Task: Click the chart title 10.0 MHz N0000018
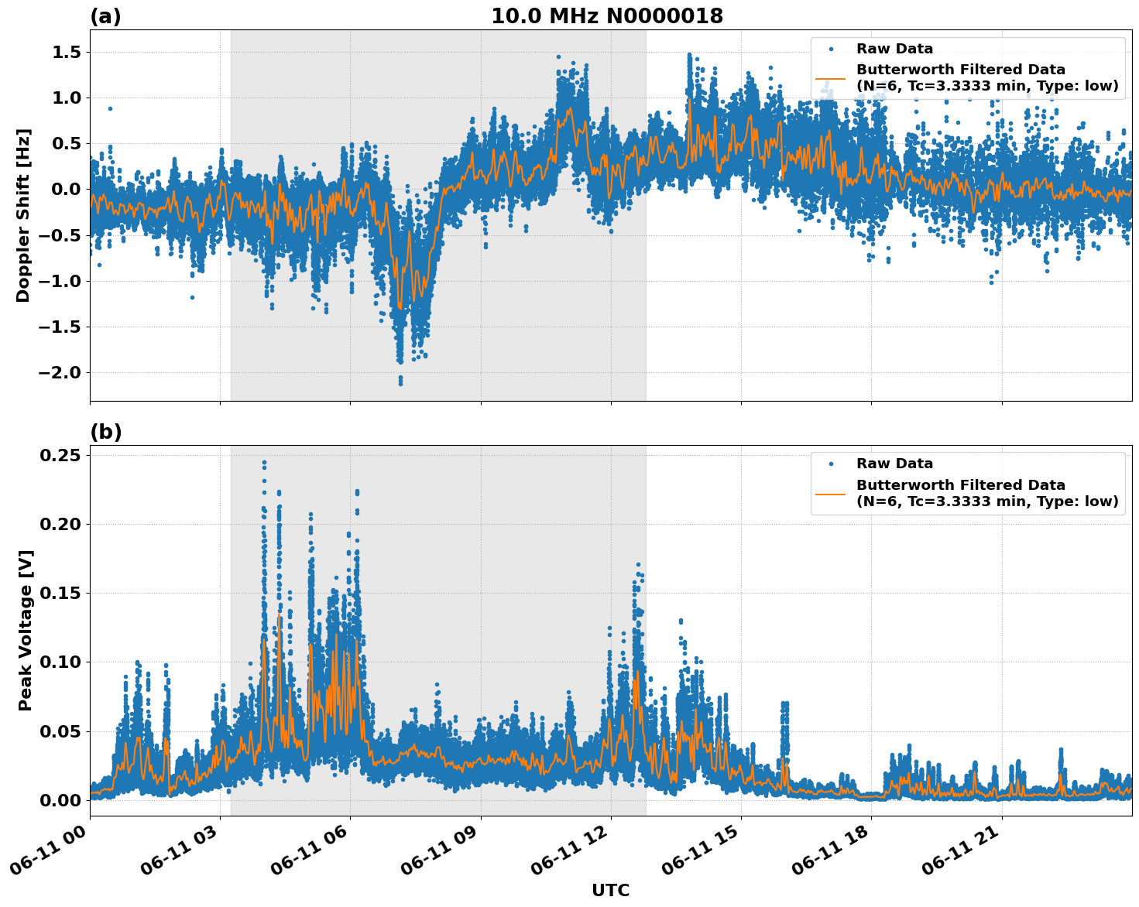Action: [x=607, y=16]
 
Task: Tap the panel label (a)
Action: [x=105, y=16]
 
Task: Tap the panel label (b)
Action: [x=105, y=432]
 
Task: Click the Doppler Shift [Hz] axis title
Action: [x=23, y=215]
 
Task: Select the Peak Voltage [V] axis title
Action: [x=26, y=630]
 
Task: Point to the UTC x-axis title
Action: [x=610, y=890]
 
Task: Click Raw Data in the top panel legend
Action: [x=894, y=49]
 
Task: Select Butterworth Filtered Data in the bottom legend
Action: [x=960, y=485]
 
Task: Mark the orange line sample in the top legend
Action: [x=830, y=78]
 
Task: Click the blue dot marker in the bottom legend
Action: [x=831, y=464]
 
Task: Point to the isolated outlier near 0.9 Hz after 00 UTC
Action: [x=110, y=108]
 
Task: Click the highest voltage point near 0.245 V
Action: [x=264, y=463]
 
